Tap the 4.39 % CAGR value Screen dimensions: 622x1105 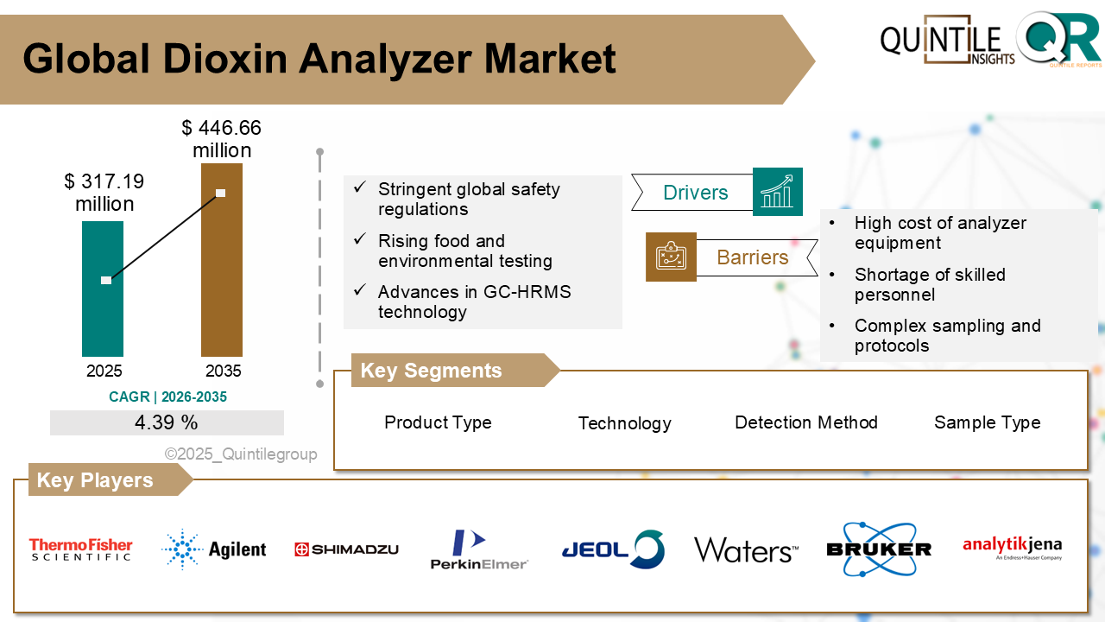pos(167,423)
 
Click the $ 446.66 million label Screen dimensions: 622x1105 pos(222,139)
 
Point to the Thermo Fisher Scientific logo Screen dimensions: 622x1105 pos(81,549)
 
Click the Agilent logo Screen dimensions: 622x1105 pos(214,549)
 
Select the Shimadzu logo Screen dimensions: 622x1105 pos(346,549)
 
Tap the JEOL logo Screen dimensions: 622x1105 pos(612,549)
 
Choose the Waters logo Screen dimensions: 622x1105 pos(746,550)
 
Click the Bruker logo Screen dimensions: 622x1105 pos(879,549)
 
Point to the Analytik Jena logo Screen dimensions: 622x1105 pos(1012,548)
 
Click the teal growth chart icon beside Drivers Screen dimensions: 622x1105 pos(778,192)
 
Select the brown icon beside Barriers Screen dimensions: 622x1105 pos(671,257)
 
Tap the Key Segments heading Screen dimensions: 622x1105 pos(431,371)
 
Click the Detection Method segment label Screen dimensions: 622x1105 pos(806,422)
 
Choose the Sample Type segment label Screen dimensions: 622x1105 pos(987,422)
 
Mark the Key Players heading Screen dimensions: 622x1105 pos(95,480)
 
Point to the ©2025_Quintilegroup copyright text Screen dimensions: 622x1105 pos(241,454)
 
